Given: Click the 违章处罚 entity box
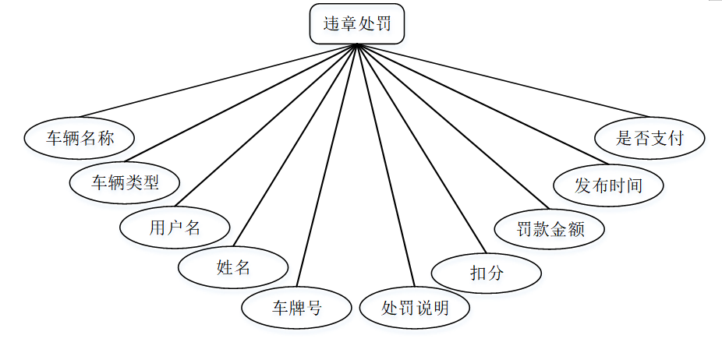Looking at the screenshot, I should (x=357, y=24).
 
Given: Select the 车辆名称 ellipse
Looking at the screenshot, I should (x=80, y=139).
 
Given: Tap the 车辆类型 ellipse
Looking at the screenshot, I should (x=125, y=183).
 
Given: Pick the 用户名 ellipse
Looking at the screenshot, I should (x=175, y=228).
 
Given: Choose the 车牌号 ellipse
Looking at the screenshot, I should (x=296, y=308).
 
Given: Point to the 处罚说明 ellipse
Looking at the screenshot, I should (x=415, y=308).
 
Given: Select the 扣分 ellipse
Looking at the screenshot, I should (x=487, y=272).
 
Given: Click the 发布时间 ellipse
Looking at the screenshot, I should (x=608, y=185).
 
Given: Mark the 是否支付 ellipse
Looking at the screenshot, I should (x=649, y=139).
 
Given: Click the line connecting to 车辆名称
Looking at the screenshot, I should (x=218, y=79).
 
